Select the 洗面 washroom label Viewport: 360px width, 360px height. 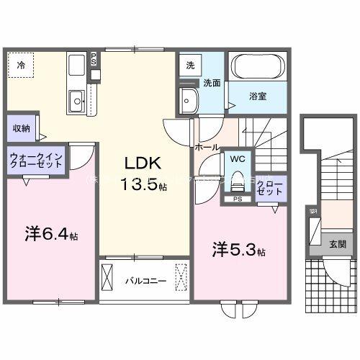(210, 82)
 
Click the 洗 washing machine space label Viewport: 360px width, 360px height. (190, 65)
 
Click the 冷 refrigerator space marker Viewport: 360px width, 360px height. (21, 66)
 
